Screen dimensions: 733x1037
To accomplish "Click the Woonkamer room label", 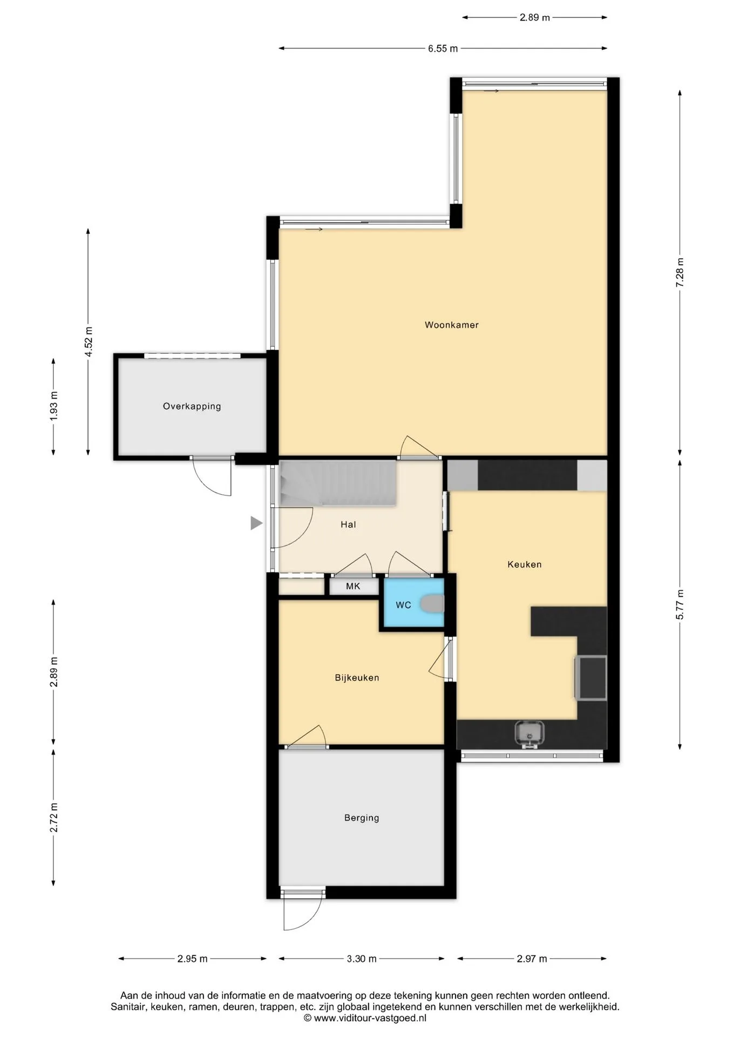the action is tap(451, 325).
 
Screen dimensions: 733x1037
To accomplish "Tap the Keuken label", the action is tap(524, 564).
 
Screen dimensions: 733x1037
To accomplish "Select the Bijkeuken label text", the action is tap(357, 678).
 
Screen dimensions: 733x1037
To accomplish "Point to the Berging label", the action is tap(362, 818).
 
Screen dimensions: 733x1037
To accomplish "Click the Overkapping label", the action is tap(192, 406).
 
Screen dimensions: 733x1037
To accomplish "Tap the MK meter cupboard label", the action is tap(353, 586).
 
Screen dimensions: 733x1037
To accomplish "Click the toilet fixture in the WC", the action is tap(432, 604).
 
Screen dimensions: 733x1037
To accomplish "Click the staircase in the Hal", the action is tap(338, 483).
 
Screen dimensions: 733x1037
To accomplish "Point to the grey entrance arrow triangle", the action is tap(256, 523).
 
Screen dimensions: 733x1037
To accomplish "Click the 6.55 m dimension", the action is tap(443, 49).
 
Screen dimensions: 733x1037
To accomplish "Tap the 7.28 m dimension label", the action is tap(680, 272).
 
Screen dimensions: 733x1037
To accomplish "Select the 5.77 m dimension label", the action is tap(680, 605).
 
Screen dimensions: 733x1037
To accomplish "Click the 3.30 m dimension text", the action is tap(362, 959).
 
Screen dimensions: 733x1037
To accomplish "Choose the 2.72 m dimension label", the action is tap(53, 818).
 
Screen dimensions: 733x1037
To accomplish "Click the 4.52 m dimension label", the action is tap(89, 341).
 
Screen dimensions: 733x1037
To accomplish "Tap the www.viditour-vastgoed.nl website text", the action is tap(370, 1018).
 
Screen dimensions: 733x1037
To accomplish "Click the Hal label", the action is tap(348, 524).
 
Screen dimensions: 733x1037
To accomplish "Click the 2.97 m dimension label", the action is tap(532, 959).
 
